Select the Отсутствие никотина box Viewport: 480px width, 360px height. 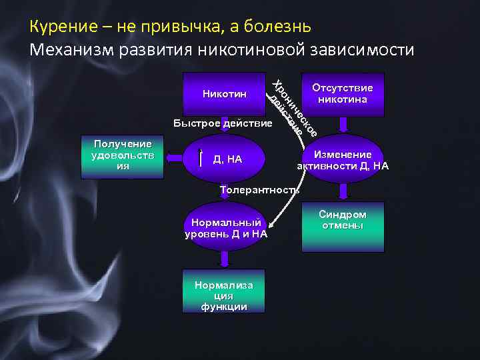pyautogui.click(x=343, y=94)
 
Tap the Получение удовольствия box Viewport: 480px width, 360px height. pyautogui.click(x=122, y=158)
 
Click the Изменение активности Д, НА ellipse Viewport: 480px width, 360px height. pyautogui.click(x=343, y=159)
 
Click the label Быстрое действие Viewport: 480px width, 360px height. pyautogui.click(x=222, y=124)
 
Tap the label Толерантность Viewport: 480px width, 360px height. pyautogui.click(x=259, y=190)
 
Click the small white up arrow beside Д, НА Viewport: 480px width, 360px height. pyautogui.click(x=201, y=159)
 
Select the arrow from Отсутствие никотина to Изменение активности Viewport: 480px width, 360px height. pyautogui.click(x=343, y=125)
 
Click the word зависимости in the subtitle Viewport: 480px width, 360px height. pyautogui.click(x=360, y=49)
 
